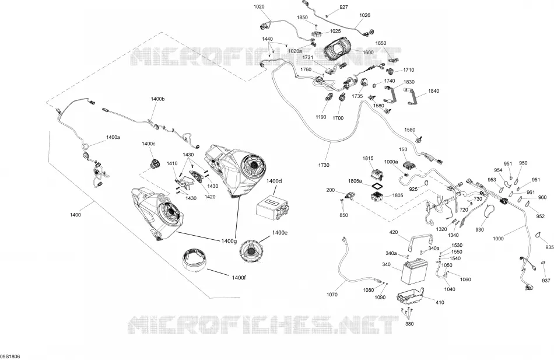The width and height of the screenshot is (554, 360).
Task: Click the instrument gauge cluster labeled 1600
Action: pyautogui.click(x=336, y=51)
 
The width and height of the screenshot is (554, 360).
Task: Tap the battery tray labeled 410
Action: pyautogui.click(x=410, y=296)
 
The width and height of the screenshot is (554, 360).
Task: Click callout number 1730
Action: pyautogui.click(x=324, y=165)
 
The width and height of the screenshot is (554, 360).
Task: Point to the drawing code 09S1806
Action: pyautogui.click(x=10, y=356)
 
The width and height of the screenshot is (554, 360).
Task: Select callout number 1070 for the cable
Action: pyautogui.click(x=332, y=295)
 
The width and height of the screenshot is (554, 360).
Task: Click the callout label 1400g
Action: pyautogui.click(x=229, y=241)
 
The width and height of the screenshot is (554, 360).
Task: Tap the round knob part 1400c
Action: pyautogui.click(x=154, y=163)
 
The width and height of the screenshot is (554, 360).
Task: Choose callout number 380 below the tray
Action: pyautogui.click(x=409, y=324)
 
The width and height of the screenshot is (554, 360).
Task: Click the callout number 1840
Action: pyautogui.click(x=433, y=91)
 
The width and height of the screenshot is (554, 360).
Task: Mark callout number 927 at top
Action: pyautogui.click(x=343, y=7)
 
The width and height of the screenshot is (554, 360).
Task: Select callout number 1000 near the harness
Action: pyautogui.click(x=498, y=239)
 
